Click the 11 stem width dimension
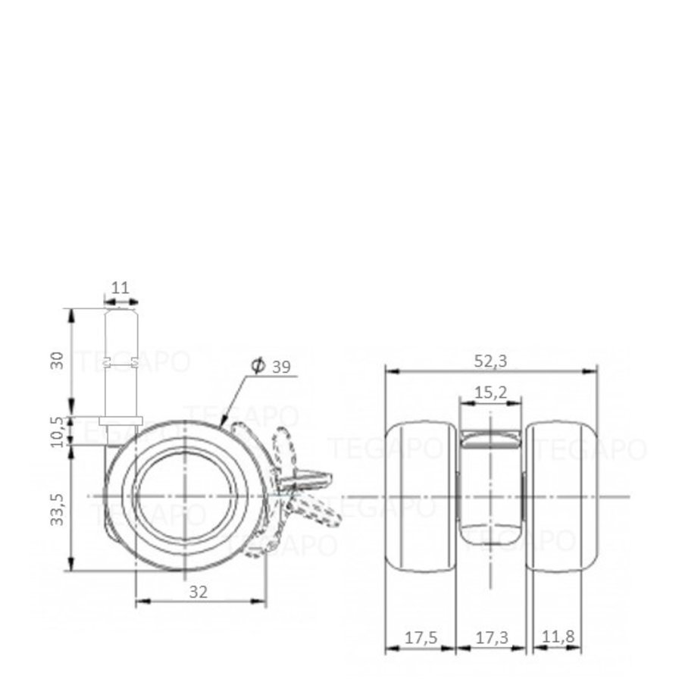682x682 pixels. click(x=120, y=288)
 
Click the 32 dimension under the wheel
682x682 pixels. click(x=198, y=593)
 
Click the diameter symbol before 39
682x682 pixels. click(x=257, y=367)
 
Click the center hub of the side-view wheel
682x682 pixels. click(x=185, y=496)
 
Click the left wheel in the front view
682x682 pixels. click(x=421, y=496)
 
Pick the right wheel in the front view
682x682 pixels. click(x=562, y=496)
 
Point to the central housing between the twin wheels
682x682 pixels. click(x=491, y=485)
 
